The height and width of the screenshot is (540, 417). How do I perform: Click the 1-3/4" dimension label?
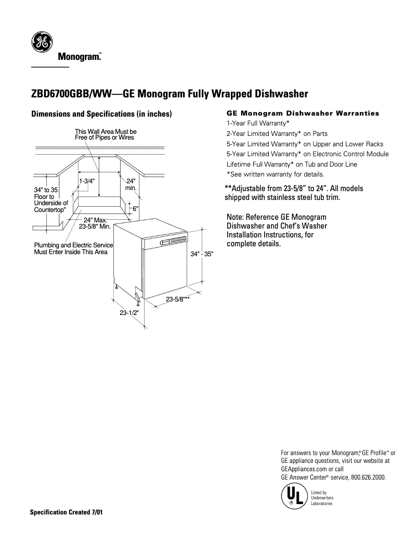[87, 181]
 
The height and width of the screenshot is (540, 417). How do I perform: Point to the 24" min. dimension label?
[131, 184]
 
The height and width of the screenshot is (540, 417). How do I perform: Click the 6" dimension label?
[135, 208]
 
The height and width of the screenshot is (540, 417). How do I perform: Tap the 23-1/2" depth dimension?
[129, 313]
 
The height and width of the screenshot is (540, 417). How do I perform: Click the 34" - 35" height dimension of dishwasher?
[202, 254]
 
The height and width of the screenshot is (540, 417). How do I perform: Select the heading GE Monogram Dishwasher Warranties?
[303, 113]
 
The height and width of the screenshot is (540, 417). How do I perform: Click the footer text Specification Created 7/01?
[66, 512]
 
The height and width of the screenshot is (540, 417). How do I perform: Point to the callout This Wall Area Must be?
[106, 131]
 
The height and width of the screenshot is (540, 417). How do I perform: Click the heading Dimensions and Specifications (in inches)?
[102, 114]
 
